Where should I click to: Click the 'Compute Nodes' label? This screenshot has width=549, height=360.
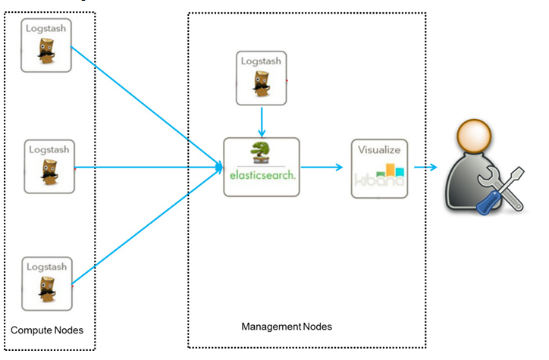47,330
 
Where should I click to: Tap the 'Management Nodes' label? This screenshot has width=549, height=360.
287,327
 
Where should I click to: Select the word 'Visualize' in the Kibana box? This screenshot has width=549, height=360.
379,150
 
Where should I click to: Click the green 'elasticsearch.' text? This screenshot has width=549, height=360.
262,175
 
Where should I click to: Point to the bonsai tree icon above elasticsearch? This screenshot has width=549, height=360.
261,153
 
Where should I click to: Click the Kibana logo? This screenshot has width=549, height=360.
380,175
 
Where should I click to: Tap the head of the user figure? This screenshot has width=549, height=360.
474,136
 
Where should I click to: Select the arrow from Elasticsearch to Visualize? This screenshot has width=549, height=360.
322,167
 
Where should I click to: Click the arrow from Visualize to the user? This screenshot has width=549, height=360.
425,167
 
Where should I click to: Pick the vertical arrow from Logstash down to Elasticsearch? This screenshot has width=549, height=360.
262,122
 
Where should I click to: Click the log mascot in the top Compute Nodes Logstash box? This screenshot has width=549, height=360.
46,51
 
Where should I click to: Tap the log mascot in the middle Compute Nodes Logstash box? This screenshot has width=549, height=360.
49,172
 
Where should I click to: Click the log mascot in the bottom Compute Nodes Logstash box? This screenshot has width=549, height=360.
47,290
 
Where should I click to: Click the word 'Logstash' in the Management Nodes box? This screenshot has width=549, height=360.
261,61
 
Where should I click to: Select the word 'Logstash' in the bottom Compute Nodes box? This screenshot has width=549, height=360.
46,267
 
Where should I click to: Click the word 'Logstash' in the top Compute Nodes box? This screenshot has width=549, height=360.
45,29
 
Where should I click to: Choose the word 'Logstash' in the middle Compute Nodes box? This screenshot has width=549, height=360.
49,150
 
